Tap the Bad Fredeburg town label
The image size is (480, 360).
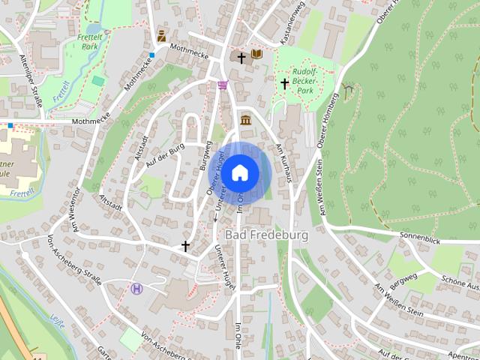coord(266,235)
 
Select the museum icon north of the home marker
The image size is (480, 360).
coord(246,120)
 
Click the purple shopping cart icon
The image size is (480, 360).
coord(223,85)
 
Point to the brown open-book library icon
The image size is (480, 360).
coord(256,55)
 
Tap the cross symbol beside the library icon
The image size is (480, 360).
coord(241,57)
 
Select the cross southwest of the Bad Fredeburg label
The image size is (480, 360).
coord(185,245)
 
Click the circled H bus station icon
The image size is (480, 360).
coord(136,288)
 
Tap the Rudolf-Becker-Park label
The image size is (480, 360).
coord(304,81)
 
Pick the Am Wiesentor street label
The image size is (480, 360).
coord(76,212)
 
